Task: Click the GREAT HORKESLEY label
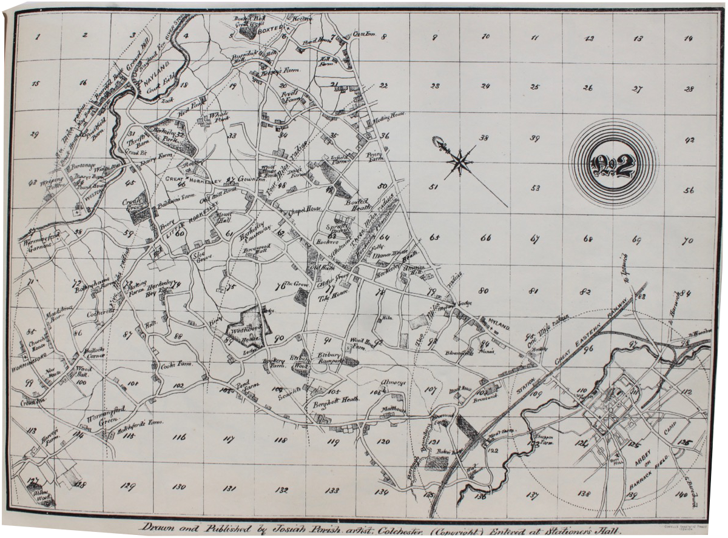(184, 179)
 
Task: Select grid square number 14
(687, 38)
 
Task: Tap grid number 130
(178, 487)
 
